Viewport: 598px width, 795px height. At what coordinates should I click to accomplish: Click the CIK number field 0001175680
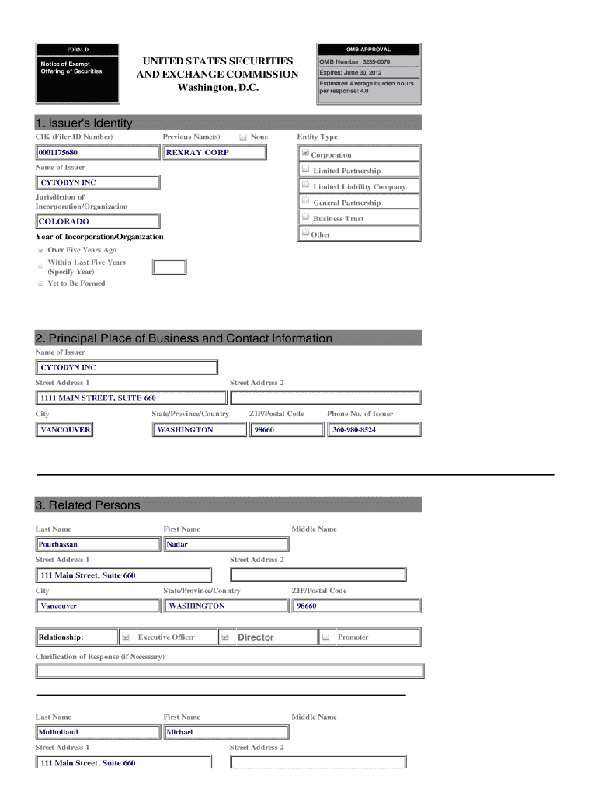[x=98, y=153]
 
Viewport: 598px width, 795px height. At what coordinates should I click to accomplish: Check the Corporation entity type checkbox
[x=305, y=154]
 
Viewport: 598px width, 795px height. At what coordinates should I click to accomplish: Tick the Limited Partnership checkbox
[x=306, y=169]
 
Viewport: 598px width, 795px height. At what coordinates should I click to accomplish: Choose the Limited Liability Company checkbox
[x=306, y=186]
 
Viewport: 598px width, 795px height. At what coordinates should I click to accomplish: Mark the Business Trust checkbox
[x=306, y=217]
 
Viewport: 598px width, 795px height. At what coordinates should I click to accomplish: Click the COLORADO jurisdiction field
[x=98, y=221]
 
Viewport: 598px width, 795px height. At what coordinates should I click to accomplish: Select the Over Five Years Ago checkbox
[x=40, y=251]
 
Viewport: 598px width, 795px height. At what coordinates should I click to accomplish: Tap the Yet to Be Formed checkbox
[x=40, y=284]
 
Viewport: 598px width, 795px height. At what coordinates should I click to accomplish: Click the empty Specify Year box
[x=169, y=267]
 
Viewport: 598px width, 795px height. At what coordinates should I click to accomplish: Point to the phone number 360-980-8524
[x=374, y=429]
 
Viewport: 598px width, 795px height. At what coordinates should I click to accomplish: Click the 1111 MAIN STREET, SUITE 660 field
[x=132, y=398]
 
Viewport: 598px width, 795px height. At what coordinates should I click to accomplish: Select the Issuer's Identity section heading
[x=84, y=123]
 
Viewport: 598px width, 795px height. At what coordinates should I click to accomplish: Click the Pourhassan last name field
[x=98, y=544]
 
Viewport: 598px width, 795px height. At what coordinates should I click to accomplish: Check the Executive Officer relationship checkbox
[x=126, y=637]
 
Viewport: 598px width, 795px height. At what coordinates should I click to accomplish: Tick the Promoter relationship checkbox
[x=326, y=637]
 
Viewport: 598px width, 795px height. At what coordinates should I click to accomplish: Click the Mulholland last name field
[x=98, y=732]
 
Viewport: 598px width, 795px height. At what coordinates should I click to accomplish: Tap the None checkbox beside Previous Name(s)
[x=243, y=137]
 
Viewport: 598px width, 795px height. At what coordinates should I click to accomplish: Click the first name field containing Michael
[x=225, y=732]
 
